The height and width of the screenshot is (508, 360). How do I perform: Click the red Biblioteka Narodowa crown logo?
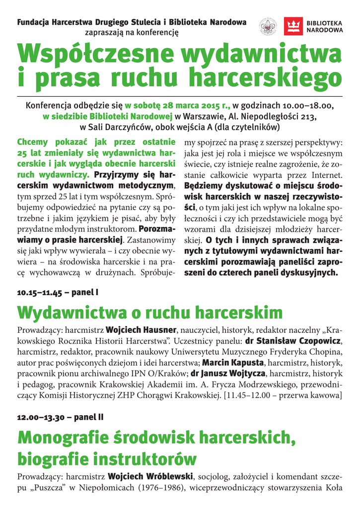(293, 26)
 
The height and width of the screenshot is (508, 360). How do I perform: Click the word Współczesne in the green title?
(95, 53)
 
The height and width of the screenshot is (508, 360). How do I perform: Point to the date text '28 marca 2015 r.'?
(198, 106)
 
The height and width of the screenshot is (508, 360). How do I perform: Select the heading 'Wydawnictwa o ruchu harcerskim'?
(150, 313)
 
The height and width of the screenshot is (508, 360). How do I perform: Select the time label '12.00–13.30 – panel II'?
(60, 417)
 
